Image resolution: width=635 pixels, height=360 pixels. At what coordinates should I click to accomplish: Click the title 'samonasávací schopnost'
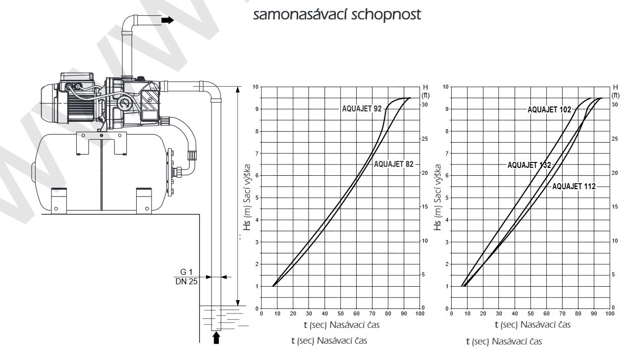coord(337,15)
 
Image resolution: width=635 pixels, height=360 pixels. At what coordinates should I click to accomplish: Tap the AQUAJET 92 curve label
coord(362,108)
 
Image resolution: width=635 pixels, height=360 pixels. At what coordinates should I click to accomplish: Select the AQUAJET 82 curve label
coord(393,164)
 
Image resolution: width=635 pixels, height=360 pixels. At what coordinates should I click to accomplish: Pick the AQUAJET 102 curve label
coord(549,109)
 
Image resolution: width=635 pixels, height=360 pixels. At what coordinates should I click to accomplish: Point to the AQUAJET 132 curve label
coord(529,165)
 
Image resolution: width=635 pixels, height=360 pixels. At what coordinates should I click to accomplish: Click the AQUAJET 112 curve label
coord(574,186)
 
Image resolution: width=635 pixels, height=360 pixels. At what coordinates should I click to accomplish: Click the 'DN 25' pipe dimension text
coord(187,282)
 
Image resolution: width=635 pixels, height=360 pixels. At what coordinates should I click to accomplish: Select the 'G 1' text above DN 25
coord(187,272)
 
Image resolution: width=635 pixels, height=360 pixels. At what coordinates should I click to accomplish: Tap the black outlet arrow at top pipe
coord(167,20)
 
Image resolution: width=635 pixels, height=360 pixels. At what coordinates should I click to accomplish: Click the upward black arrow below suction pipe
coord(215,338)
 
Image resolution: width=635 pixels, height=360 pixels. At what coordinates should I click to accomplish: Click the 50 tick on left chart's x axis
coord(340,313)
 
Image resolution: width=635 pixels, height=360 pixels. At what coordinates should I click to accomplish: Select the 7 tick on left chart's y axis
coord(256,153)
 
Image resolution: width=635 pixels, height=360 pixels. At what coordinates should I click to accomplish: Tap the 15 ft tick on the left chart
coord(424,206)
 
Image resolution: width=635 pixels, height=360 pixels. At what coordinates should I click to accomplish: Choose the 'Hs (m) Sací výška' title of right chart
coord(438,198)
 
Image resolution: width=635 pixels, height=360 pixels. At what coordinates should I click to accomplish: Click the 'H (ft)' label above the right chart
coord(615,91)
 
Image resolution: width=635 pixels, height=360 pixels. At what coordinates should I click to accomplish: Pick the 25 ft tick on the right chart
coord(615,139)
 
